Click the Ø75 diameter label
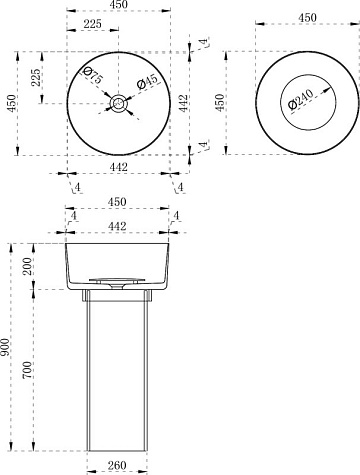[92, 76]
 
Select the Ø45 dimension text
[147, 82]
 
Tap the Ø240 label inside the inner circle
[301, 99]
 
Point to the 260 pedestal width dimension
[117, 465]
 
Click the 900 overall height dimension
[5, 347]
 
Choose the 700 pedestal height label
[27, 370]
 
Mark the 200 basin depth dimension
[27, 266]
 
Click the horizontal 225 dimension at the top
[92, 24]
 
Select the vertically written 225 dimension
[36, 77]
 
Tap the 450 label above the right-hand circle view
[307, 18]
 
